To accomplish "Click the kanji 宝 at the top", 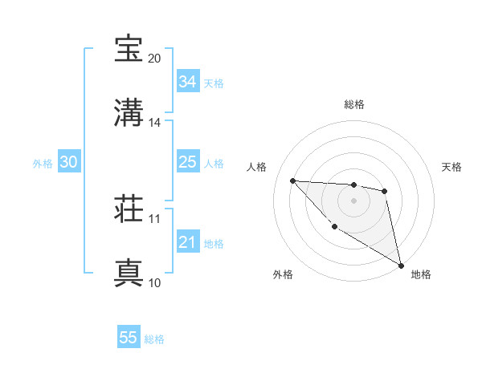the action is (x=129, y=49).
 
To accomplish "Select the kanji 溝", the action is (x=129, y=112).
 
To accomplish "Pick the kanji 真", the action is (x=129, y=272).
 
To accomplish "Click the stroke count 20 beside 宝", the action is (x=154, y=59).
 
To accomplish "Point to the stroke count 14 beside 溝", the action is (x=154, y=123).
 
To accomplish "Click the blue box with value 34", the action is (x=187, y=82).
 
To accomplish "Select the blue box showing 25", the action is (x=187, y=162).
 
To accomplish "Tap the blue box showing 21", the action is (x=187, y=242).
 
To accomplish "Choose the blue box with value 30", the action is (x=68, y=162).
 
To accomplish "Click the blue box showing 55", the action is (x=129, y=338).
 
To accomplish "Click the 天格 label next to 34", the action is (x=214, y=83).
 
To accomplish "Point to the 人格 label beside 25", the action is (x=214, y=163).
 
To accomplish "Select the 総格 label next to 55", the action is (x=154, y=338).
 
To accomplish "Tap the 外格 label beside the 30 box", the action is (x=43, y=163).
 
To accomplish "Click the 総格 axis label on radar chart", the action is (x=353, y=104).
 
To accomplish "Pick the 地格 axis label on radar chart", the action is (x=421, y=274).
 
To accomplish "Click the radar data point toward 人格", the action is (x=292, y=180).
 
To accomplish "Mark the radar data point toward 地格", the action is (x=402, y=266).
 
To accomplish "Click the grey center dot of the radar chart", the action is (x=353, y=201).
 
